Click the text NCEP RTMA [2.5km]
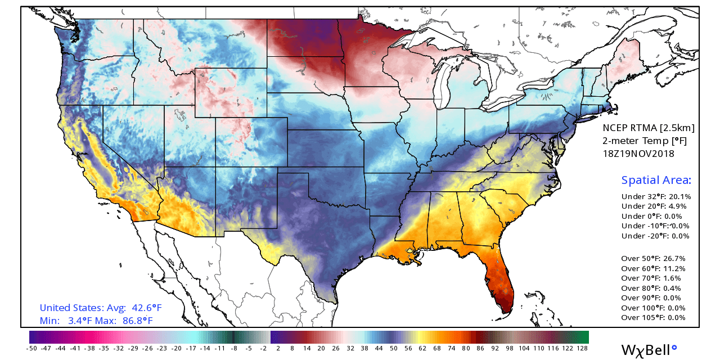click(649, 127)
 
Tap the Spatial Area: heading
click(656, 180)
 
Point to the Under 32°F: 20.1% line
click(656, 197)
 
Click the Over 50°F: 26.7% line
click(653, 259)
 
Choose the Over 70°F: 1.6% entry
click(651, 278)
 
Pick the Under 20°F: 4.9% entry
click(654, 206)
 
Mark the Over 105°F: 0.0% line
click(653, 317)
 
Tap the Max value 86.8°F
click(138, 321)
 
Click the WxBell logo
click(648, 349)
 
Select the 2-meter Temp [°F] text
click(645, 140)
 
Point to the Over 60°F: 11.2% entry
click(652, 268)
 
